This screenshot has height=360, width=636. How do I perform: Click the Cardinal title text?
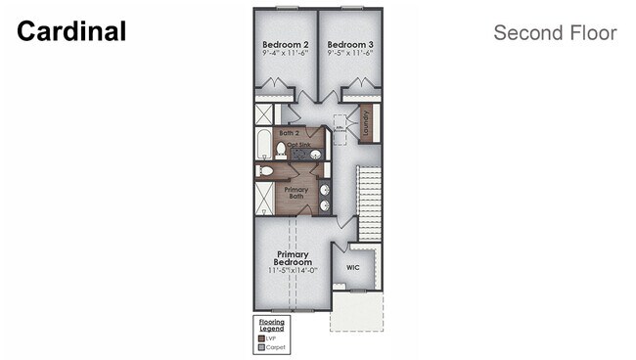[71, 31]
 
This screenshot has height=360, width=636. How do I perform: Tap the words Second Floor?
[555, 32]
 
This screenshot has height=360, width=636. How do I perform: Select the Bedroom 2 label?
[285, 45]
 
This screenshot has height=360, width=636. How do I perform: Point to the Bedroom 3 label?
[349, 45]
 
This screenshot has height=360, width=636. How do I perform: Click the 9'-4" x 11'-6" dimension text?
[285, 56]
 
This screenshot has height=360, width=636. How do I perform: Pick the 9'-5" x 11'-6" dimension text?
[349, 56]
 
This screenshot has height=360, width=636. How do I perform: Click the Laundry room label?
[365, 122]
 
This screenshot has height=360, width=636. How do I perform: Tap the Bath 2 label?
[289, 132]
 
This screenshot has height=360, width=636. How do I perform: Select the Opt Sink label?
[299, 146]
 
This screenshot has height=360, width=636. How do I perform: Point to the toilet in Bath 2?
[281, 150]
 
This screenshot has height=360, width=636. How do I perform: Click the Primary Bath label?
[295, 193]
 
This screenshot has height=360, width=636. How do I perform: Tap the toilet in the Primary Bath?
[264, 170]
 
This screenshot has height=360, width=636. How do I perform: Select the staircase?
[370, 202]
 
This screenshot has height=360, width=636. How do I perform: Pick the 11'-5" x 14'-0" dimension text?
[293, 270]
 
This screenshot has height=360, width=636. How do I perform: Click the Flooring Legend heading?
[271, 324]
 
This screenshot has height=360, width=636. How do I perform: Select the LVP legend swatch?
[260, 337]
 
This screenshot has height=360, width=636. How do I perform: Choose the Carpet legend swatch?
[260, 346]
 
